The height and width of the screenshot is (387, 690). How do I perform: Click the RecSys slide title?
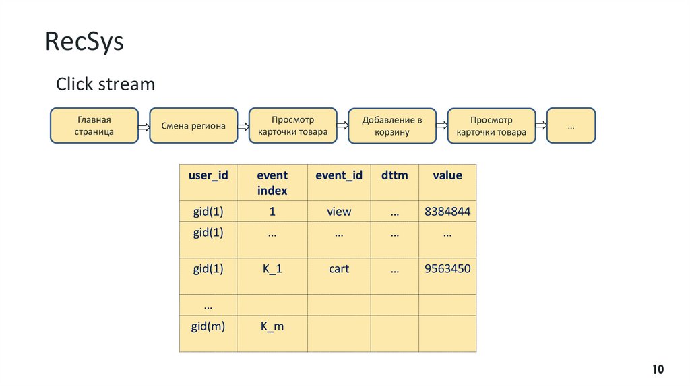point(85,42)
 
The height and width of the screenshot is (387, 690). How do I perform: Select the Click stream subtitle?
point(105,84)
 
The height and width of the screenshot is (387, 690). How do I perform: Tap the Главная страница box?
point(94,125)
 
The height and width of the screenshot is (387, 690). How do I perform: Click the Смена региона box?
point(193,125)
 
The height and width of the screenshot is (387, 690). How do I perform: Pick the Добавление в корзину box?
point(392,125)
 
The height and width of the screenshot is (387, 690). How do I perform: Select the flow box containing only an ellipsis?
point(571,125)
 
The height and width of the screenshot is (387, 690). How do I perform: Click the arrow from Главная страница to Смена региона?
point(144,126)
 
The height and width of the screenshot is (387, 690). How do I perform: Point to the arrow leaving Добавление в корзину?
point(441,126)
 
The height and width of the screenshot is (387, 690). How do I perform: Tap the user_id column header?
point(208,175)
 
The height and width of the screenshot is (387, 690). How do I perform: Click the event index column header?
point(272,183)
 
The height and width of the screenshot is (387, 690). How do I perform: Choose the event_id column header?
point(339,175)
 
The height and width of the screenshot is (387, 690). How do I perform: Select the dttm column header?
point(394,175)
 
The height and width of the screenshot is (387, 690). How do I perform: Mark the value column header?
point(447,175)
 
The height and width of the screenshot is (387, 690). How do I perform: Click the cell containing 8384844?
point(447,212)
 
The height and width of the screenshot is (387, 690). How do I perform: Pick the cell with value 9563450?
point(447,268)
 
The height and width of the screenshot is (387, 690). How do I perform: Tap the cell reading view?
point(339,212)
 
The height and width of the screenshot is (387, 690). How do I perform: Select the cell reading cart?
point(339,268)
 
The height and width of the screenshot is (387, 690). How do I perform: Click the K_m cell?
point(272,326)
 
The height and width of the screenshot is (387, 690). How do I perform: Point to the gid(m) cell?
point(208,326)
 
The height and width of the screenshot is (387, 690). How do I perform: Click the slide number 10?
point(658,369)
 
